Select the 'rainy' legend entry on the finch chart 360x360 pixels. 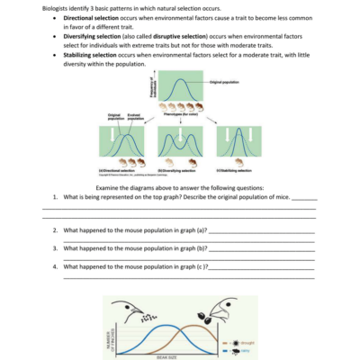[x=245, y=351]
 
